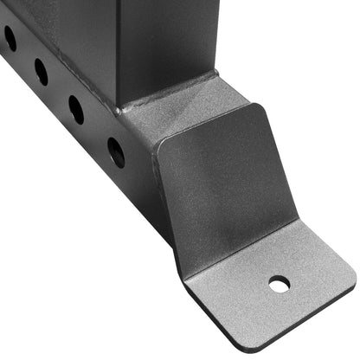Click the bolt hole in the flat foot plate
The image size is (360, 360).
(x=279, y=283)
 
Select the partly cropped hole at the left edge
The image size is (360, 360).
(x=10, y=37)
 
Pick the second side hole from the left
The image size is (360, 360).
(x=42, y=71)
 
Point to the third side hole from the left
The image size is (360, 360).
(x=76, y=109)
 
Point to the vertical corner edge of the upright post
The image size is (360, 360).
(x=119, y=52)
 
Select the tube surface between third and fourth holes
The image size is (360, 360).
(x=96, y=131)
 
